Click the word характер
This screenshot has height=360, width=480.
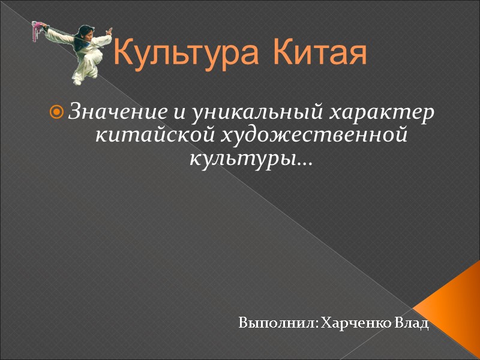384,112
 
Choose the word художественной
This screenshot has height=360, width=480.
315,136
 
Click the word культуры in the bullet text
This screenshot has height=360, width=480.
240,160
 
